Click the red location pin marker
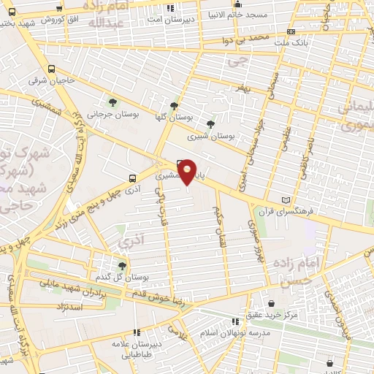(188, 172)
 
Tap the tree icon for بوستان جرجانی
(112, 102)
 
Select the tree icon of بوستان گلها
(174, 105)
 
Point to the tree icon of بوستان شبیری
(211, 124)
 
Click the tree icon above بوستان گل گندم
(121, 266)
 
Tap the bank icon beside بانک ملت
(291, 32)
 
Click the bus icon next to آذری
(131, 178)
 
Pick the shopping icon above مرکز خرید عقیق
(271, 302)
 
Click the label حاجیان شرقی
(47, 80)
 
